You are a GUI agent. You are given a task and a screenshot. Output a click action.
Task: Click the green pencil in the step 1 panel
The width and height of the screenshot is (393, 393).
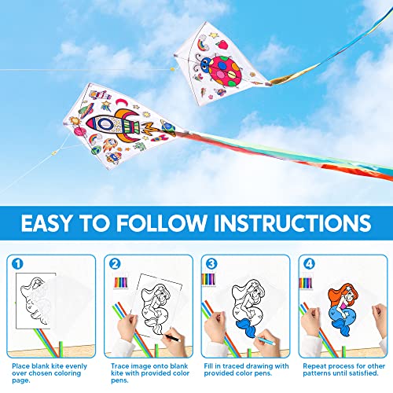(x=39, y=344)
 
